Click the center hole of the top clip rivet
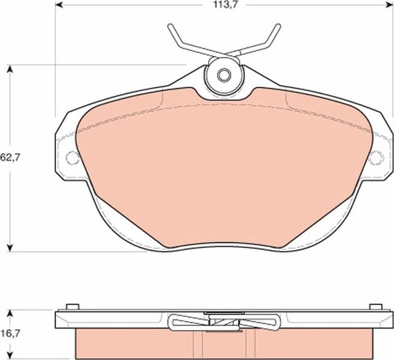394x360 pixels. (x=224, y=76)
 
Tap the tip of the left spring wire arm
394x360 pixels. (x=171, y=26)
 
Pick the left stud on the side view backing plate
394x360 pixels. (x=71, y=306)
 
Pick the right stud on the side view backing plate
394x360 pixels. (x=375, y=306)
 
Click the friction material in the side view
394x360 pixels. (x=135, y=342)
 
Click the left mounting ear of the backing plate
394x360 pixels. (x=66, y=151)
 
